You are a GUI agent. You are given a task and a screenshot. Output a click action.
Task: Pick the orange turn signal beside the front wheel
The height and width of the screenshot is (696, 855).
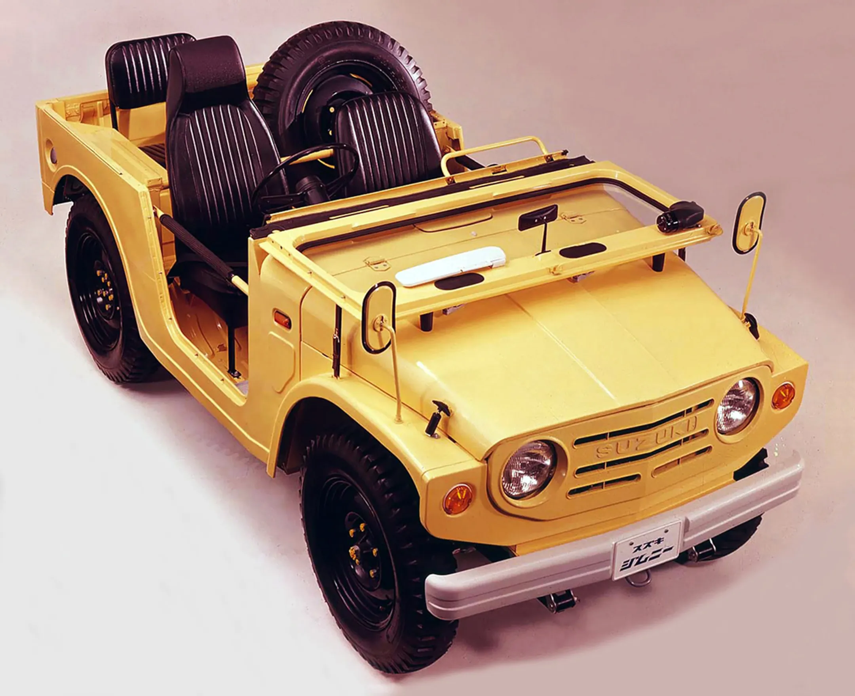pos(458,499)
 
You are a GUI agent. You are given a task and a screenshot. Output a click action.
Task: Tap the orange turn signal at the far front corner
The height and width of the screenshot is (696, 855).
pos(783,396)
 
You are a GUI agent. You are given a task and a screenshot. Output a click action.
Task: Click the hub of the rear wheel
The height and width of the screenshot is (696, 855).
pos(105,289)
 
